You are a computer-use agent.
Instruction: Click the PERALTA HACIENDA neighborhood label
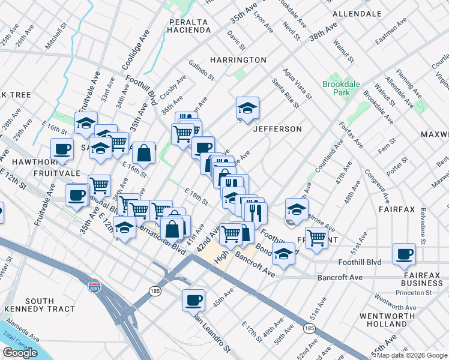coord(188,27)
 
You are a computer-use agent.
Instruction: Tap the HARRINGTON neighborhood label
coord(238,60)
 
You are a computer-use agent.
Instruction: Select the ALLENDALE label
coord(357,13)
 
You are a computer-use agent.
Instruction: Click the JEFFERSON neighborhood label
coord(277,129)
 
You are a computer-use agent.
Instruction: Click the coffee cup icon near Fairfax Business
coord(405,253)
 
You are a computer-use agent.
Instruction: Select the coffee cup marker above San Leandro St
coord(193,299)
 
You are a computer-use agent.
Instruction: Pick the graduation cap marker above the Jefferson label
coord(247,108)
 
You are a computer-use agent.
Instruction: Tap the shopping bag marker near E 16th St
coord(144,153)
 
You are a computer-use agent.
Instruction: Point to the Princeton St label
coord(413,293)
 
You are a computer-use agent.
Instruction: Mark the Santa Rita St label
coord(286,93)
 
